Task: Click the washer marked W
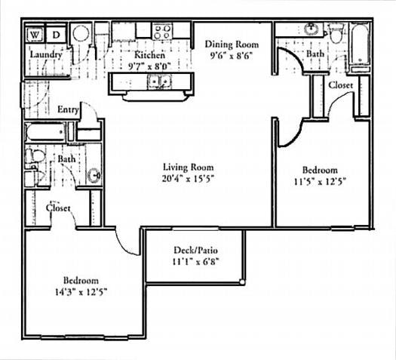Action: click(35, 34)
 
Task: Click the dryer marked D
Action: click(57, 34)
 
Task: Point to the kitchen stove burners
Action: click(161, 32)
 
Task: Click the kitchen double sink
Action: click(158, 81)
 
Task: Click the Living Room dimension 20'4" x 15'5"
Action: click(189, 179)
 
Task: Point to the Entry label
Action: click(69, 110)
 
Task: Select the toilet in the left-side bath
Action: click(32, 157)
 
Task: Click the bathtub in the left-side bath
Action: click(45, 134)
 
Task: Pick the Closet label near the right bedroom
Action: click(341, 85)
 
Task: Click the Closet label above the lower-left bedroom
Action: click(58, 208)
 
